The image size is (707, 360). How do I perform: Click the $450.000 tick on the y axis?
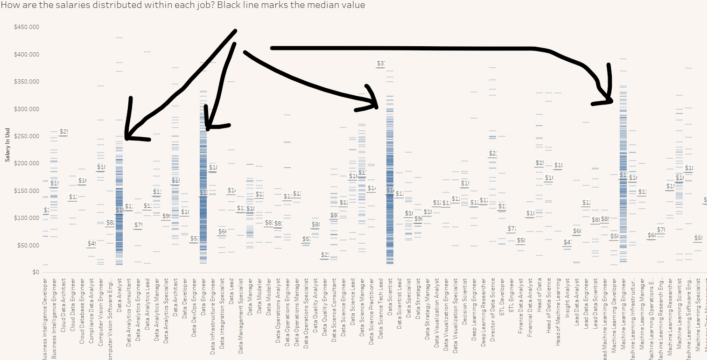click(x=26, y=27)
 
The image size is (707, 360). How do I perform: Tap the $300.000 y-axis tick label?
click(x=26, y=109)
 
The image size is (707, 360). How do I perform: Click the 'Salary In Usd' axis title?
click(x=7, y=146)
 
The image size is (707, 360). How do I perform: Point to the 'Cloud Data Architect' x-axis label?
click(x=63, y=305)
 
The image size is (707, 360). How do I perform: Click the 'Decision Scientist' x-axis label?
click(x=465, y=301)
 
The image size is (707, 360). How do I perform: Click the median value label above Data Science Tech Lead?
click(x=381, y=64)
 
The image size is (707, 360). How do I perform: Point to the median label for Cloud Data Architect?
click(x=63, y=132)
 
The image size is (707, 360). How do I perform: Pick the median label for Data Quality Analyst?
click(x=325, y=254)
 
